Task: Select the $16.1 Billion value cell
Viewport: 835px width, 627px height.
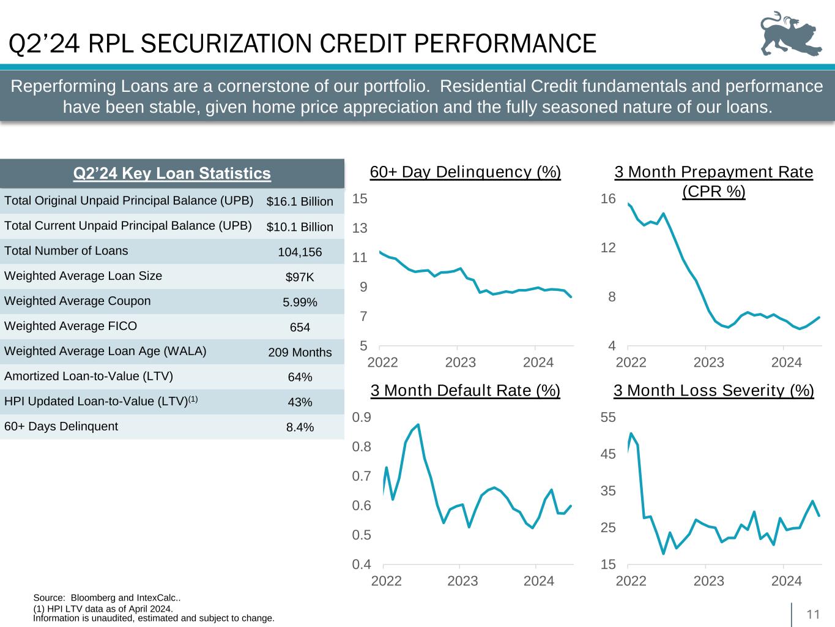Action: (300, 201)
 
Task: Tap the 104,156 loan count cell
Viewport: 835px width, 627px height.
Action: (300, 252)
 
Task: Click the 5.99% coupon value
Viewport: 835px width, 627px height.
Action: (300, 302)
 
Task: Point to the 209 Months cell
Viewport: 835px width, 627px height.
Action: (300, 352)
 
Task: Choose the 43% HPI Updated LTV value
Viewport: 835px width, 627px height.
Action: (300, 402)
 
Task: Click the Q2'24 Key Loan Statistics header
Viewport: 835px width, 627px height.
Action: (172, 174)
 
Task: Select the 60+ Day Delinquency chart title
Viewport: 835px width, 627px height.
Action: (466, 172)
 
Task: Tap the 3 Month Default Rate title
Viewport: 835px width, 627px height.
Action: (466, 390)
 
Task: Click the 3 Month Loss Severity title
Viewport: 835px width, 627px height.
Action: (713, 390)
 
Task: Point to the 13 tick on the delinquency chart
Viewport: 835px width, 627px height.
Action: (360, 228)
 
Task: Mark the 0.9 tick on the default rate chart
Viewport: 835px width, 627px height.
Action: (362, 418)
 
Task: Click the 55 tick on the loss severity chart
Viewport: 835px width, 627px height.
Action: (608, 418)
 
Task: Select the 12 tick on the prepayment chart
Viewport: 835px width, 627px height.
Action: (608, 248)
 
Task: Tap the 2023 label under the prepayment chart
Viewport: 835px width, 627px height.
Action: (708, 362)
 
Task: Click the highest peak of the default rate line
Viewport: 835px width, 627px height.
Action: (418, 424)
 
